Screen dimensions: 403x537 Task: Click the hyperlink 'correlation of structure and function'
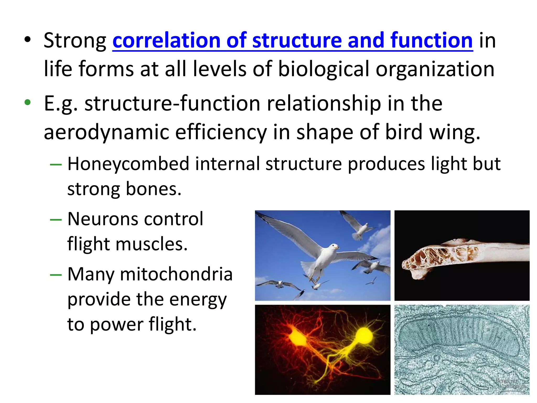click(292, 41)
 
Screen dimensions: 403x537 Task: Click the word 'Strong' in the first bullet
click(75, 41)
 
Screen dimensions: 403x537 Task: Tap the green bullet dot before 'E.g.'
click(28, 102)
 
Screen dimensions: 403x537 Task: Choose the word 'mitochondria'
click(176, 274)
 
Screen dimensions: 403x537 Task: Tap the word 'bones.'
click(154, 189)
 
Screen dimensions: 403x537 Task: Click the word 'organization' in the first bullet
click(435, 69)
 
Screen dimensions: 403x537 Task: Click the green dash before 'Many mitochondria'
click(56, 275)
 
